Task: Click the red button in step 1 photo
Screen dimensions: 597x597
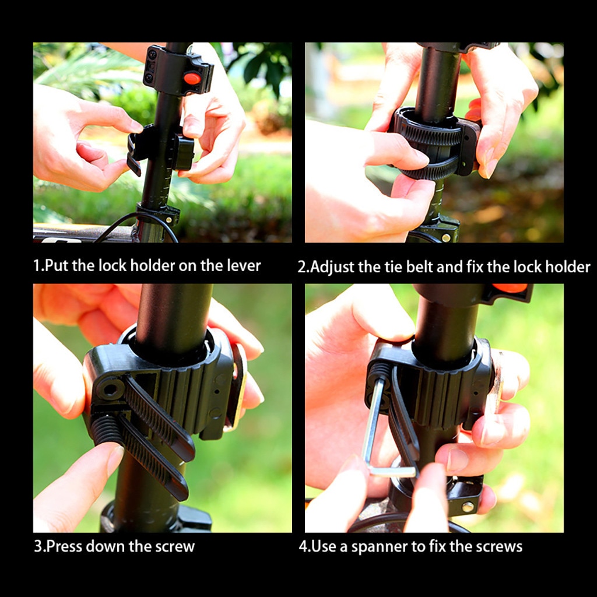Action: click(x=192, y=78)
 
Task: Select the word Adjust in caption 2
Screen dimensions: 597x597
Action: click(x=332, y=267)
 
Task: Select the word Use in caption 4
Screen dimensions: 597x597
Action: click(x=323, y=546)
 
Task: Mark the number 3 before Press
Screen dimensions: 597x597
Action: click(x=37, y=546)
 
